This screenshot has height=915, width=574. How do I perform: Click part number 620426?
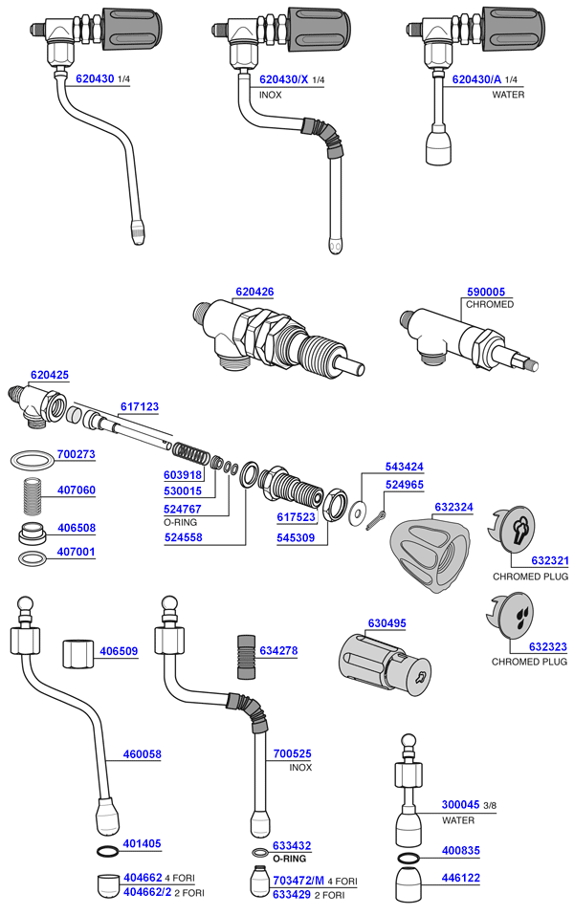tap(254, 292)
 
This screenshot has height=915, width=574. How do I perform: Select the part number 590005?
tap(485, 292)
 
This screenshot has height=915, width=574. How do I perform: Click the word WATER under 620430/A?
tap(508, 96)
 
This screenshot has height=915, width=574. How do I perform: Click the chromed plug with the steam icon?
tap(519, 533)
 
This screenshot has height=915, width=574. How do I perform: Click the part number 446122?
tap(461, 877)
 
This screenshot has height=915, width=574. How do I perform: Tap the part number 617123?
tap(139, 406)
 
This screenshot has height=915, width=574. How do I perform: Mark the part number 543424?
tap(404, 467)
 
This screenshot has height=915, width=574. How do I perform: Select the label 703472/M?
tap(298, 881)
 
